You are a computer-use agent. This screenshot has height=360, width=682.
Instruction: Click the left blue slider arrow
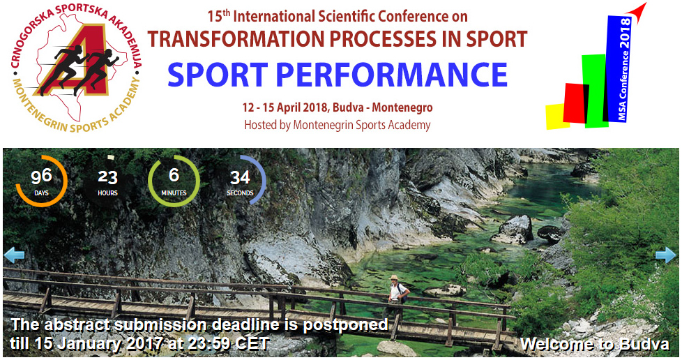tap(14, 255)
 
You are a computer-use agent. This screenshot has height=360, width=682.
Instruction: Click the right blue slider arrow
tap(666, 255)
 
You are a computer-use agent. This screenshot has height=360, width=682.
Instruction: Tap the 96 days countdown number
tap(41, 177)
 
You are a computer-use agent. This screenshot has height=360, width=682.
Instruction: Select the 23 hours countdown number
tap(107, 177)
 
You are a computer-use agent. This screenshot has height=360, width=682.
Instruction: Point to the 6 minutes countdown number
tap(174, 175)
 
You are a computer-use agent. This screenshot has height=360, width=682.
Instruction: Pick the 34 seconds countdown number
tap(240, 177)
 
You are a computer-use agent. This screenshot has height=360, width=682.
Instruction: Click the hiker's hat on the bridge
tap(394, 277)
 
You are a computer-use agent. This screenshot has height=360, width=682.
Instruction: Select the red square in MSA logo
tap(575, 103)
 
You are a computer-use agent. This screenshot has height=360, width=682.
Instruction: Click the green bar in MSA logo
tap(595, 91)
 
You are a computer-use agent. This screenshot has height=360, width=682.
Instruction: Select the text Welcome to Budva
tap(595, 344)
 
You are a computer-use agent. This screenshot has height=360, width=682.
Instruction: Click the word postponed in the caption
tap(345, 325)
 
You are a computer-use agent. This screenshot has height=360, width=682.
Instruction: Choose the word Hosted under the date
tap(262, 125)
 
